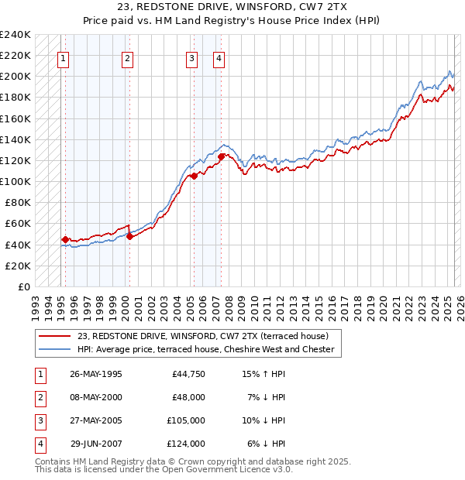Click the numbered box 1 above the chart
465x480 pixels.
point(63,57)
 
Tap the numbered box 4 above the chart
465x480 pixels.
point(219,57)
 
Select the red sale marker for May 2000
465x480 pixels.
point(129,237)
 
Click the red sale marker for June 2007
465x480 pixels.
point(222,156)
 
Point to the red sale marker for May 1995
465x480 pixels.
point(66,240)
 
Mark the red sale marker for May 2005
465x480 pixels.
point(194,177)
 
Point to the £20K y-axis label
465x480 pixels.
point(18,266)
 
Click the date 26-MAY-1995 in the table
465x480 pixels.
point(96,374)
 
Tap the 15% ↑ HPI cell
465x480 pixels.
point(263,374)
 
